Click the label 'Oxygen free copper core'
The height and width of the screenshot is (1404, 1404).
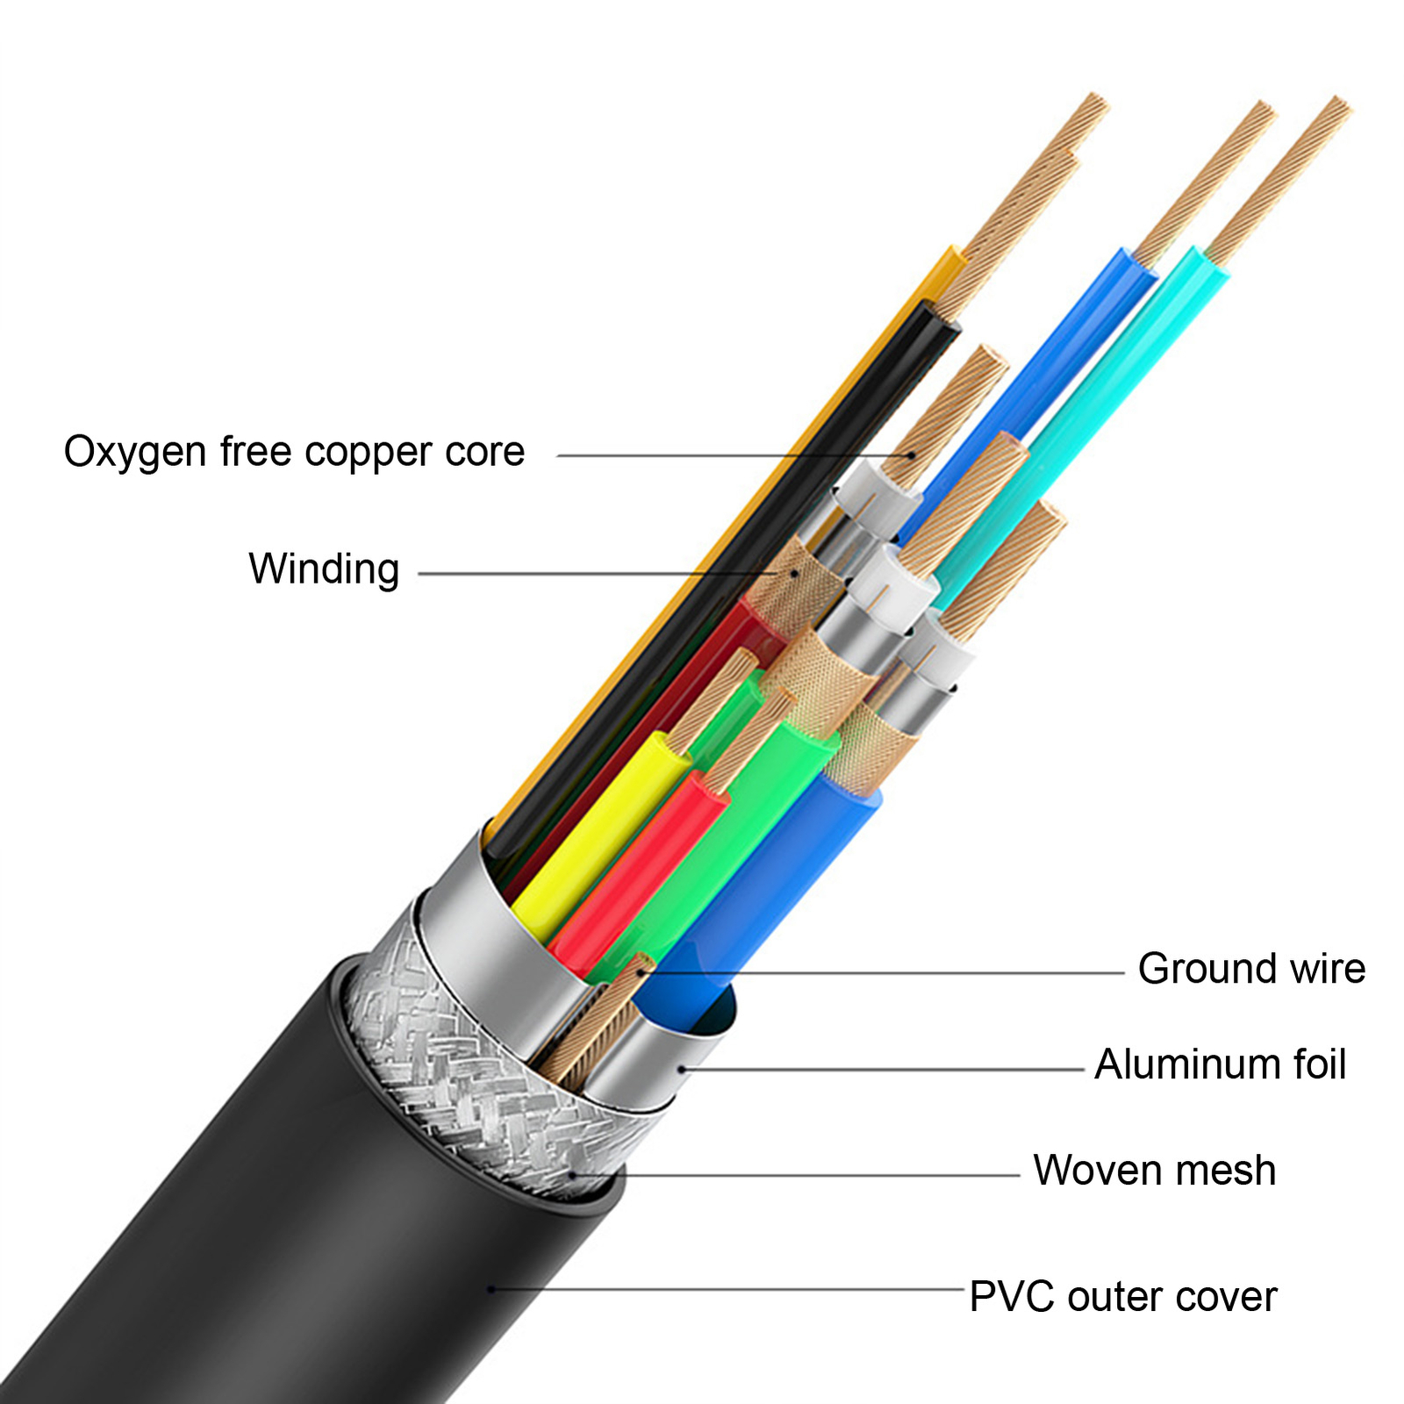click(x=294, y=453)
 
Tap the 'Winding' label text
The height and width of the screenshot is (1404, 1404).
click(x=324, y=569)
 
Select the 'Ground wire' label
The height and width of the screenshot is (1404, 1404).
click(x=1251, y=970)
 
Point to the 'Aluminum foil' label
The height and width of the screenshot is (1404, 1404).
click(x=1220, y=1065)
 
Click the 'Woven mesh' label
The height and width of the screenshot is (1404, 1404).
click(x=1154, y=1171)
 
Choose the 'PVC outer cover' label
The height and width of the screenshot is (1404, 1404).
click(x=1122, y=1297)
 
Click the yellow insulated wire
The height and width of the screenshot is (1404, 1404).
click(x=597, y=834)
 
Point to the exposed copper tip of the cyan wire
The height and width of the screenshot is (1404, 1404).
click(x=1281, y=175)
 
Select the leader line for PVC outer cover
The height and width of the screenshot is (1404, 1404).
click(x=728, y=1290)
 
